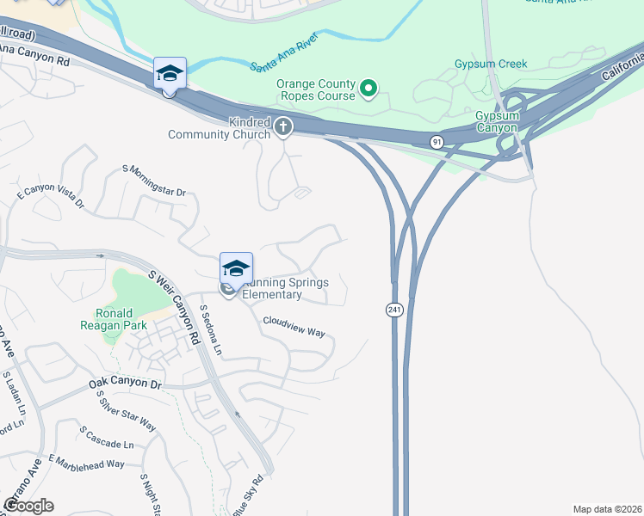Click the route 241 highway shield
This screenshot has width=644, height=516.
coord(394,310)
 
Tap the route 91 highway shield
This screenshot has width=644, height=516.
coord(437,141)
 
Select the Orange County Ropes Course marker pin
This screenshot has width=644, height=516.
coord(368,88)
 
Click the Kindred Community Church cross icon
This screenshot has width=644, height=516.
coord(283,128)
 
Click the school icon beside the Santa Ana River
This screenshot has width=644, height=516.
coord(170,72)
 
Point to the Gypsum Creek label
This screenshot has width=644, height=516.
coord(490,64)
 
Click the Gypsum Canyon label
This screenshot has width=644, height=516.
coord(497,121)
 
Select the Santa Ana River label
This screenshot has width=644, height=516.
coord(285,53)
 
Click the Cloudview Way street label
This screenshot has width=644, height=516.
coord(294,326)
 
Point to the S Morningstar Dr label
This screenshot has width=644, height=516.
coord(154,180)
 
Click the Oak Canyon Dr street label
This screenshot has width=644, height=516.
coord(126,384)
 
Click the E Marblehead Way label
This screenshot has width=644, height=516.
coord(87,463)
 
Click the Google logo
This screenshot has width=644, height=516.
coord(28,506)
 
